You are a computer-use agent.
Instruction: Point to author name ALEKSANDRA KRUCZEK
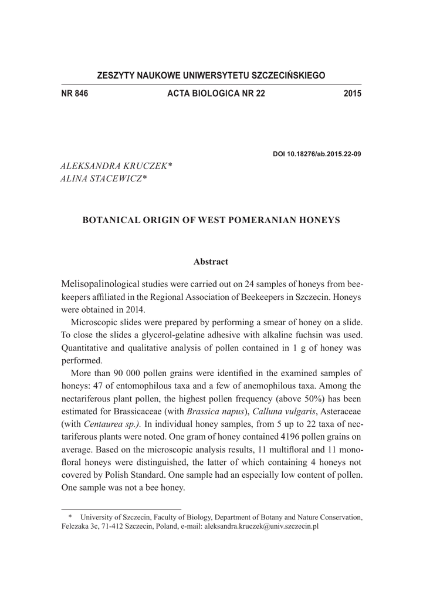pyautogui.click(x=116, y=167)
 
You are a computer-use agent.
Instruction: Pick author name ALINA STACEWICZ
pyautogui.click(x=103, y=179)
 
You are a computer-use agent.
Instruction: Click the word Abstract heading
pyautogui.click(x=211, y=261)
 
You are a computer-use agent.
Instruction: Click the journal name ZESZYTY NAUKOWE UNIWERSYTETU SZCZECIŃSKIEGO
pyautogui.click(x=211, y=76)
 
